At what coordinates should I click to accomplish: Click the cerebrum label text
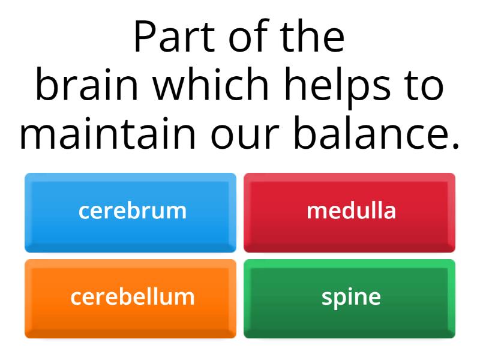[132, 211]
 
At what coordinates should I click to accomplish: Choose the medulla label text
[351, 211]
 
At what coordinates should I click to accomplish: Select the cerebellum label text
[132, 297]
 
